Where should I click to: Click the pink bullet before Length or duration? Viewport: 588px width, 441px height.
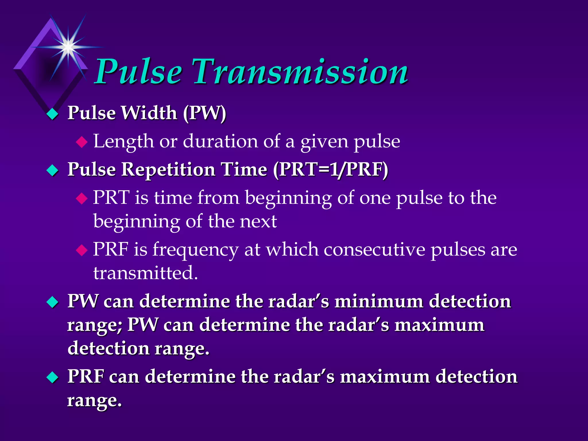click(x=82, y=142)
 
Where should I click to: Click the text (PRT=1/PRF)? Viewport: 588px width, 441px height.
click(x=330, y=169)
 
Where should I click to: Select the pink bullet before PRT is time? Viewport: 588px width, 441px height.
click(x=82, y=198)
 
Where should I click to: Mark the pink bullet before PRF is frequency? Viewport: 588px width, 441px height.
click(x=82, y=250)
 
